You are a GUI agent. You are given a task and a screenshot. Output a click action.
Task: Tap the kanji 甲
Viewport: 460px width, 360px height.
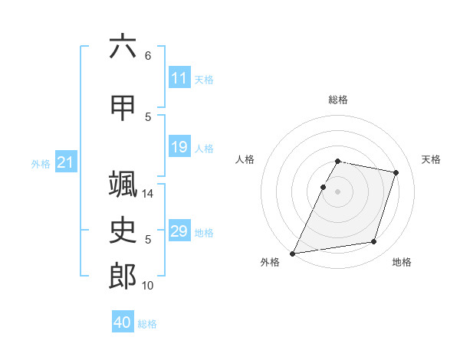pyautogui.click(x=123, y=108)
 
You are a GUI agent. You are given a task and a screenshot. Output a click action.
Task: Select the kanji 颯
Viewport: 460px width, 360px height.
pyautogui.click(x=123, y=184)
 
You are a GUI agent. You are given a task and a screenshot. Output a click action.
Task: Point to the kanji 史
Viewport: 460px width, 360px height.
pyautogui.click(x=123, y=230)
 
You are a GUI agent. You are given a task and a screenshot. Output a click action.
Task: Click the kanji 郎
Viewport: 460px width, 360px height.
pyautogui.click(x=123, y=276)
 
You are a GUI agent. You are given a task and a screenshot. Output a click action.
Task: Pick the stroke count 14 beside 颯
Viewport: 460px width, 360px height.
pyautogui.click(x=147, y=194)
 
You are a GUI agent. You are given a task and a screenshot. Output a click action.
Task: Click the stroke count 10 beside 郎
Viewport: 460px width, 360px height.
pyautogui.click(x=147, y=286)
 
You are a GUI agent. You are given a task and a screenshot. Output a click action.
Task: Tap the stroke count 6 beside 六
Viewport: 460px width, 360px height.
pyautogui.click(x=148, y=56)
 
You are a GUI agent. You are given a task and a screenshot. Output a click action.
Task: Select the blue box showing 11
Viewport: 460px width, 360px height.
pyautogui.click(x=179, y=77)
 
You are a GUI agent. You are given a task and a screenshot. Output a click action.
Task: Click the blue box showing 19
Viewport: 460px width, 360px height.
pyautogui.click(x=179, y=146)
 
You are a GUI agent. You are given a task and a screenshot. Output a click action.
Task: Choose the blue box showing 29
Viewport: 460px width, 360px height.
pyautogui.click(x=179, y=230)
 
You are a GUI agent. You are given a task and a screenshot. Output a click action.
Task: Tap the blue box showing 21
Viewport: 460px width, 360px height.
pyautogui.click(x=66, y=162)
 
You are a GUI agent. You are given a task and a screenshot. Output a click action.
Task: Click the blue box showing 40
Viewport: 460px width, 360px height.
pyautogui.click(x=123, y=321)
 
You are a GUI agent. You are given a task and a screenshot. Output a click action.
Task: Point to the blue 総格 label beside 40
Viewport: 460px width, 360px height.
pyautogui.click(x=147, y=324)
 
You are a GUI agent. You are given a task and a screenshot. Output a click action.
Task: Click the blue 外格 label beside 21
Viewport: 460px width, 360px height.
pyautogui.click(x=41, y=164)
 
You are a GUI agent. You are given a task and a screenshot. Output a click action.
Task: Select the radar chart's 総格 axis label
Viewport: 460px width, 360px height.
pyautogui.click(x=338, y=100)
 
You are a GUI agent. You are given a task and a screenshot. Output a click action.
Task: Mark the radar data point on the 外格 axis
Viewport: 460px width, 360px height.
pyautogui.click(x=292, y=254)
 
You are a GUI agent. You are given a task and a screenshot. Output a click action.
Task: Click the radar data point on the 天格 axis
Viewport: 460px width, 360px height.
pyautogui.click(x=396, y=172)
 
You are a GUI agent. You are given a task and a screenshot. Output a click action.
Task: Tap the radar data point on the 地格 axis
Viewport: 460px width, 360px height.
pyautogui.click(x=374, y=242)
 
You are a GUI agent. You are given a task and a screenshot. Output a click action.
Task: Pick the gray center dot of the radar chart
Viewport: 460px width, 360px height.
pyautogui.click(x=337, y=191)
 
